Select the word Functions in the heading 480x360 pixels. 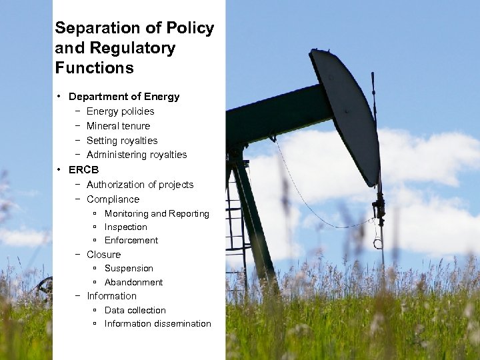94,68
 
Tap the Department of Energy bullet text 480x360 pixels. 124,97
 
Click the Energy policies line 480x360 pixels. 120,111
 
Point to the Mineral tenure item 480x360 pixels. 118,126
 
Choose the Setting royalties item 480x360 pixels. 122,141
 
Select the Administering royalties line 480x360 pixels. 137,155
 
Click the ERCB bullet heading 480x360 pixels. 83,170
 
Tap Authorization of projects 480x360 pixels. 140,185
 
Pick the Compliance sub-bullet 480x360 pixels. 113,199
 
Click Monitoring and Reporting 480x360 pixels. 157,214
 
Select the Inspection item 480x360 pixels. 126,227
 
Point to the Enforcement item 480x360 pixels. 131,241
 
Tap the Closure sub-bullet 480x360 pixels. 103,255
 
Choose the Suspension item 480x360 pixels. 129,269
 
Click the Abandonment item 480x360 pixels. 133,283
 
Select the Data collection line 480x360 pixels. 135,311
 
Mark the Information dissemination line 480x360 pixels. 157,324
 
